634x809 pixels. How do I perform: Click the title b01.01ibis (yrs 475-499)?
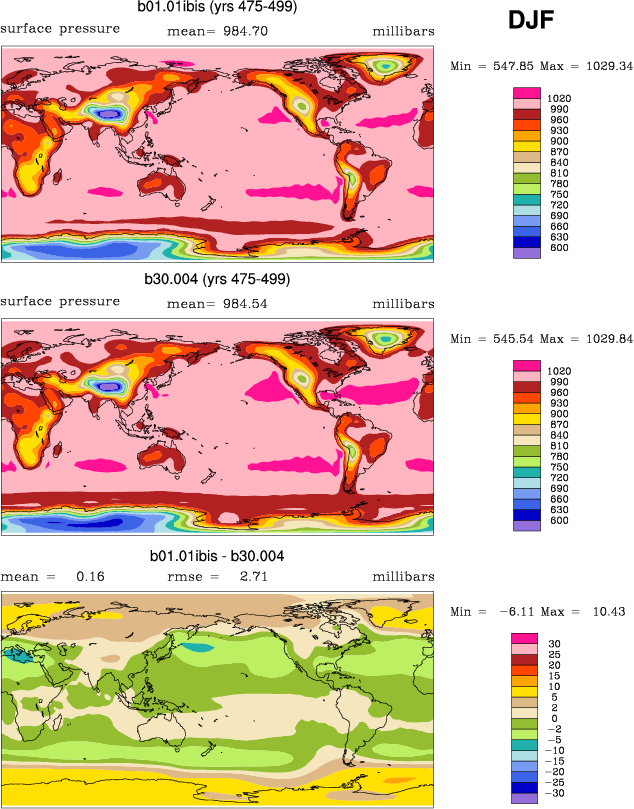click(x=218, y=8)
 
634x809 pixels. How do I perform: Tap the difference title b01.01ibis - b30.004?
click(x=217, y=556)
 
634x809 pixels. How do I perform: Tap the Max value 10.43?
click(x=605, y=611)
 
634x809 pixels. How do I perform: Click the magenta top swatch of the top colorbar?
click(x=527, y=93)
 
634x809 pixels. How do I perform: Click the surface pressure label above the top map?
click(x=60, y=28)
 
